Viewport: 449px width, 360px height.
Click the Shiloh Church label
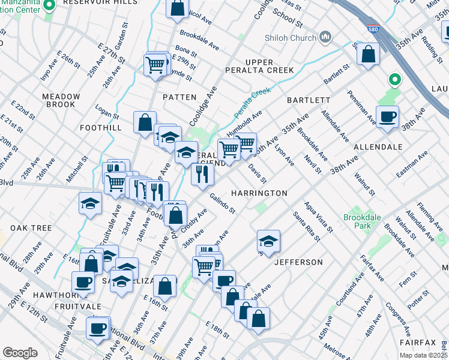tap(291, 38)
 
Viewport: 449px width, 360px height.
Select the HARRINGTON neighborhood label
tap(259, 193)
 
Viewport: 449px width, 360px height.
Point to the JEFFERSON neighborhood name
tap(298, 262)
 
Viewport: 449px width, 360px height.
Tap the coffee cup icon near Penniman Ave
tap(387, 116)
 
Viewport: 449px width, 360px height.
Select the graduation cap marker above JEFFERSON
tap(268, 241)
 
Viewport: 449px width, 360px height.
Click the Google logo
tap(20, 353)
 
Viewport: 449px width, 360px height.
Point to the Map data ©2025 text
tap(424, 355)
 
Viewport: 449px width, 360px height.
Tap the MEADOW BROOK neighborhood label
tap(61, 101)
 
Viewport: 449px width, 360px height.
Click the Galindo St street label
tap(223, 203)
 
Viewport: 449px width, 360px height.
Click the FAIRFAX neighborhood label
tap(419, 342)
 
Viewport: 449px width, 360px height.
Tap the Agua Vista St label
tap(319, 217)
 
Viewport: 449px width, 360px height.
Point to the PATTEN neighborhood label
tap(179, 97)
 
